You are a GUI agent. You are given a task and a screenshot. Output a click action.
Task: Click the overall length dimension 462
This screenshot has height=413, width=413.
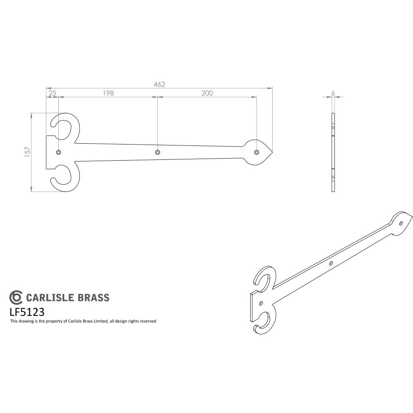pyautogui.click(x=159, y=84)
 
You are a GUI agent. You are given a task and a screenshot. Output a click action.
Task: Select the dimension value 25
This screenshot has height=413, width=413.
pyautogui.click(x=52, y=93)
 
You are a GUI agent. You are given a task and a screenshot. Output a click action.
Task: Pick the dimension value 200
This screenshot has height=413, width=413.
pyautogui.click(x=207, y=93)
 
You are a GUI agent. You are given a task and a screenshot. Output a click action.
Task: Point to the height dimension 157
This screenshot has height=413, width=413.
pyautogui.click(x=27, y=152)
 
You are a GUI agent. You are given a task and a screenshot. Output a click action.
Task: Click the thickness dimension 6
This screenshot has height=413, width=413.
pyautogui.click(x=333, y=93)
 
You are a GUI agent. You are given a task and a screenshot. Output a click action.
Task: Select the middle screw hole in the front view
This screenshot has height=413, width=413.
pyautogui.click(x=157, y=153)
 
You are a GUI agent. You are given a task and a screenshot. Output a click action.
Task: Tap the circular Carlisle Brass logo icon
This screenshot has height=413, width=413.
pyautogui.click(x=16, y=297)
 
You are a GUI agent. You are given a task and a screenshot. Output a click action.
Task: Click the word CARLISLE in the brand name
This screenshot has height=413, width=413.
pyautogui.click(x=50, y=298)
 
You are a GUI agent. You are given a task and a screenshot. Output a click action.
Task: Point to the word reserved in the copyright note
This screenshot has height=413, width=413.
pyautogui.click(x=147, y=321)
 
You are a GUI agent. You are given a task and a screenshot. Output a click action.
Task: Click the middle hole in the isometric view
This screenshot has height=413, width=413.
pyautogui.click(x=331, y=263)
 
